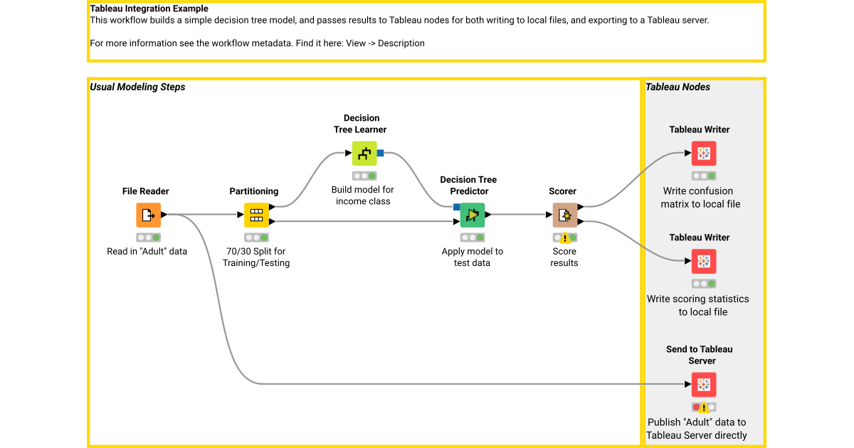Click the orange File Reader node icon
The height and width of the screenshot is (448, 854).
[148, 215]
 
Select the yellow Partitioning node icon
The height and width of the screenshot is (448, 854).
[256, 215]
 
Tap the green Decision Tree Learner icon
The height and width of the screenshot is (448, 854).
[364, 153]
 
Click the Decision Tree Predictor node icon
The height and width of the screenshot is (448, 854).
[472, 215]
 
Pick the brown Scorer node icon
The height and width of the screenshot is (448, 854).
[564, 215]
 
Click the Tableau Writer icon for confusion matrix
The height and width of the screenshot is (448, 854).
[703, 153]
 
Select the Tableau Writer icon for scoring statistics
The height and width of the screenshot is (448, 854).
[703, 261]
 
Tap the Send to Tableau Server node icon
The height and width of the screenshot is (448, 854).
[703, 385]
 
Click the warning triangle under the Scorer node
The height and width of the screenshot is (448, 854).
[565, 239]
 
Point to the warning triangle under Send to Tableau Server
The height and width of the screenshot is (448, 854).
[704, 408]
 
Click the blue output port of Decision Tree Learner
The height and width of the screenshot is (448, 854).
[381, 153]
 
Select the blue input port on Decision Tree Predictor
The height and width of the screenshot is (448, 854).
[456, 207]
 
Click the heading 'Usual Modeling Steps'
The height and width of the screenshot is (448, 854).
[137, 87]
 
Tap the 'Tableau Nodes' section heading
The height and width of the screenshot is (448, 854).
[678, 87]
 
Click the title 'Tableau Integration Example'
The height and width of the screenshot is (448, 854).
[149, 9]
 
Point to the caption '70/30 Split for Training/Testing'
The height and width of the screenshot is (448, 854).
[256, 257]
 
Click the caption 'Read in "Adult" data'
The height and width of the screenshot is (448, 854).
[147, 251]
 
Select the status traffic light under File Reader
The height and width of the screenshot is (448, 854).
[148, 238]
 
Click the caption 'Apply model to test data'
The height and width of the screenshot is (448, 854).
[472, 257]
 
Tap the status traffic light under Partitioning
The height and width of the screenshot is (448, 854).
[256, 238]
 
